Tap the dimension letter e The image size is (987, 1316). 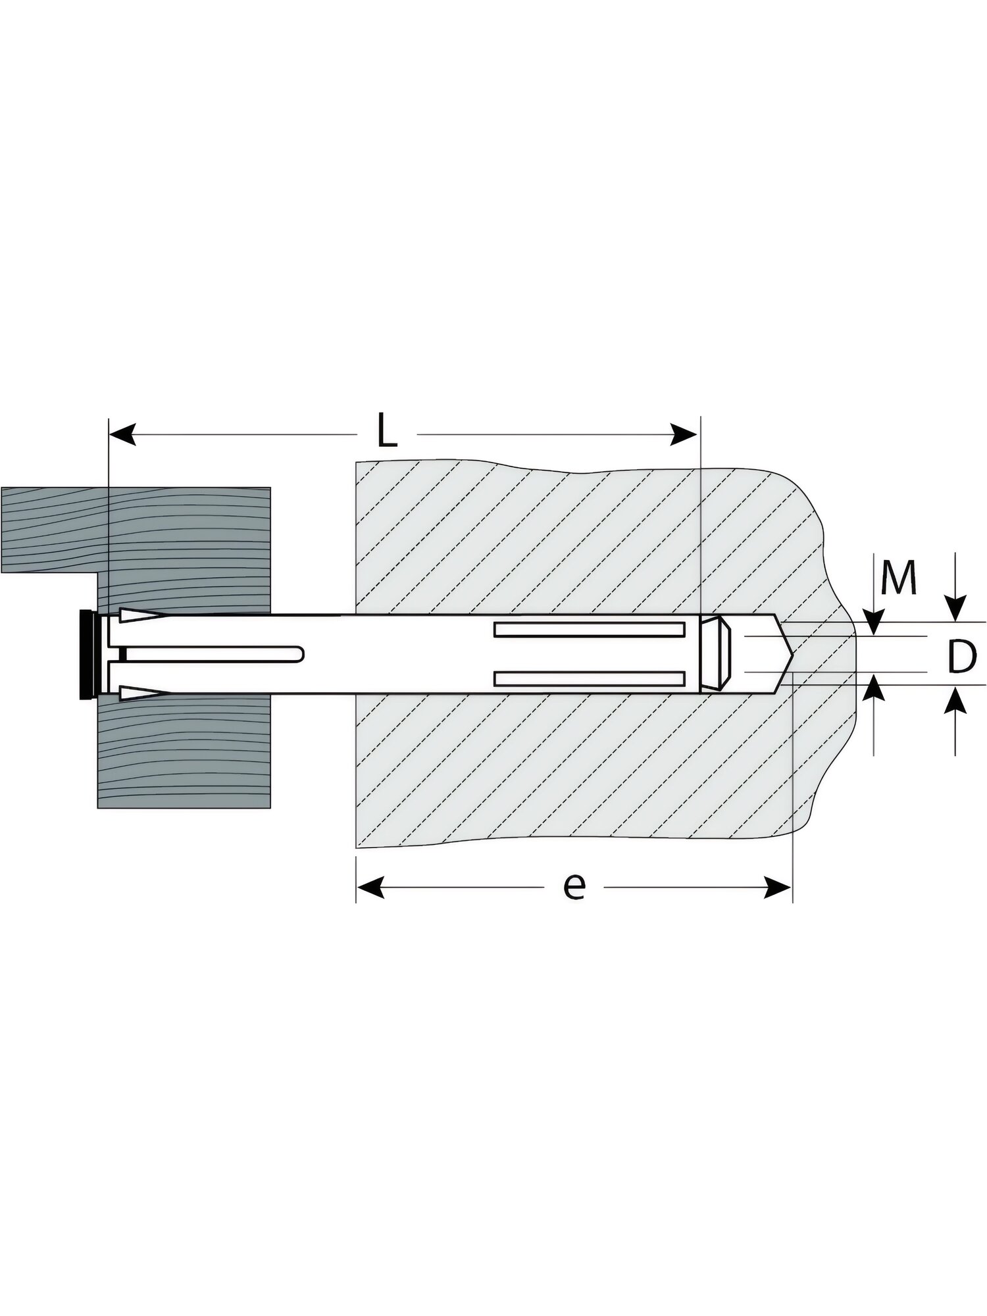point(574,887)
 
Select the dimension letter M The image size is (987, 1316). point(899,578)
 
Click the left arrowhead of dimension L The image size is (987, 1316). point(122,434)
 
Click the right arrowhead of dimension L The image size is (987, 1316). point(684,434)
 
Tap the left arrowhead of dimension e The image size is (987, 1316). point(370,888)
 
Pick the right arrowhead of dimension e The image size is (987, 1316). point(777,888)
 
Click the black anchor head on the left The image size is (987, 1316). point(86,655)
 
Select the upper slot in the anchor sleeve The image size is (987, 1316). point(589,630)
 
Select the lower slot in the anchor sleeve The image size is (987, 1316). point(589,678)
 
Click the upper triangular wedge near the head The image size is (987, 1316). point(139,617)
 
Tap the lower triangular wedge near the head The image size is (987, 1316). point(139,692)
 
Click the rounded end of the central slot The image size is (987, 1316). point(300,654)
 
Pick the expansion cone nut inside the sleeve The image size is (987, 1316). point(715,654)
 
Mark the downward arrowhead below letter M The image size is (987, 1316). point(874,622)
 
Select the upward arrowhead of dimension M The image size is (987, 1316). point(874,686)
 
